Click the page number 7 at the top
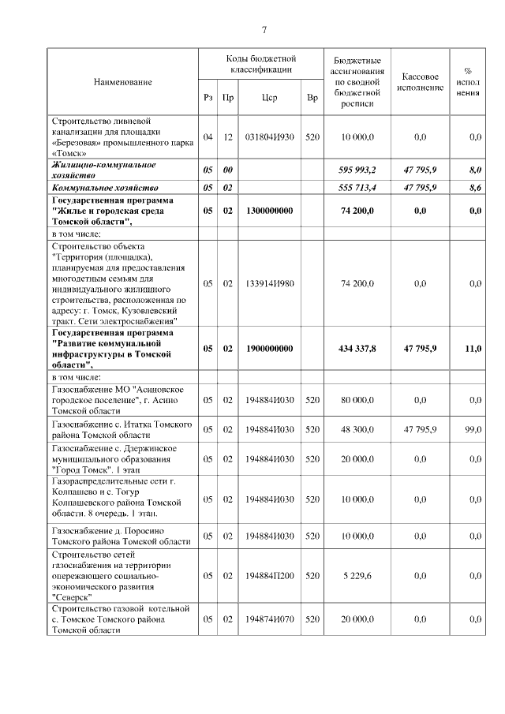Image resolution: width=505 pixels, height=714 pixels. tap(264, 30)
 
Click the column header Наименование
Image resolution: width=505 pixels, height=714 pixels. tap(122, 82)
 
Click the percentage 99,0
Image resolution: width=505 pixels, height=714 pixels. tap(473, 429)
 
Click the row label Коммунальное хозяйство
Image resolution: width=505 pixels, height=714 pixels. tap(105, 188)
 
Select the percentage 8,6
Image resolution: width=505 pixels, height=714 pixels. tap(474, 188)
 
